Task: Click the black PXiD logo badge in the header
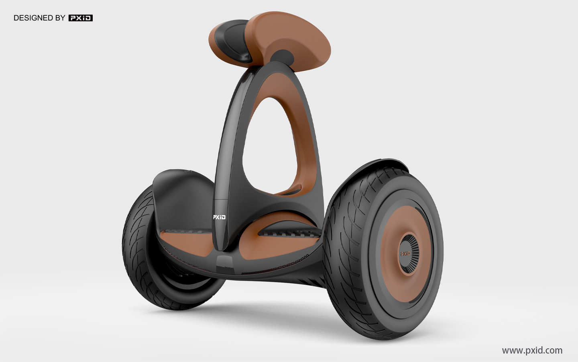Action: [x=80, y=18]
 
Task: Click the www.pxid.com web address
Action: [x=532, y=350]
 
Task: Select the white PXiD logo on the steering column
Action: [x=219, y=217]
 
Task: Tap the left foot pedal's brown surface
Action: [x=185, y=245]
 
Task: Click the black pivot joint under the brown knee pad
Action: [x=283, y=56]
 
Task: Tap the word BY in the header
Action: [x=60, y=18]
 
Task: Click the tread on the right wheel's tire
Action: [x=345, y=241]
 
